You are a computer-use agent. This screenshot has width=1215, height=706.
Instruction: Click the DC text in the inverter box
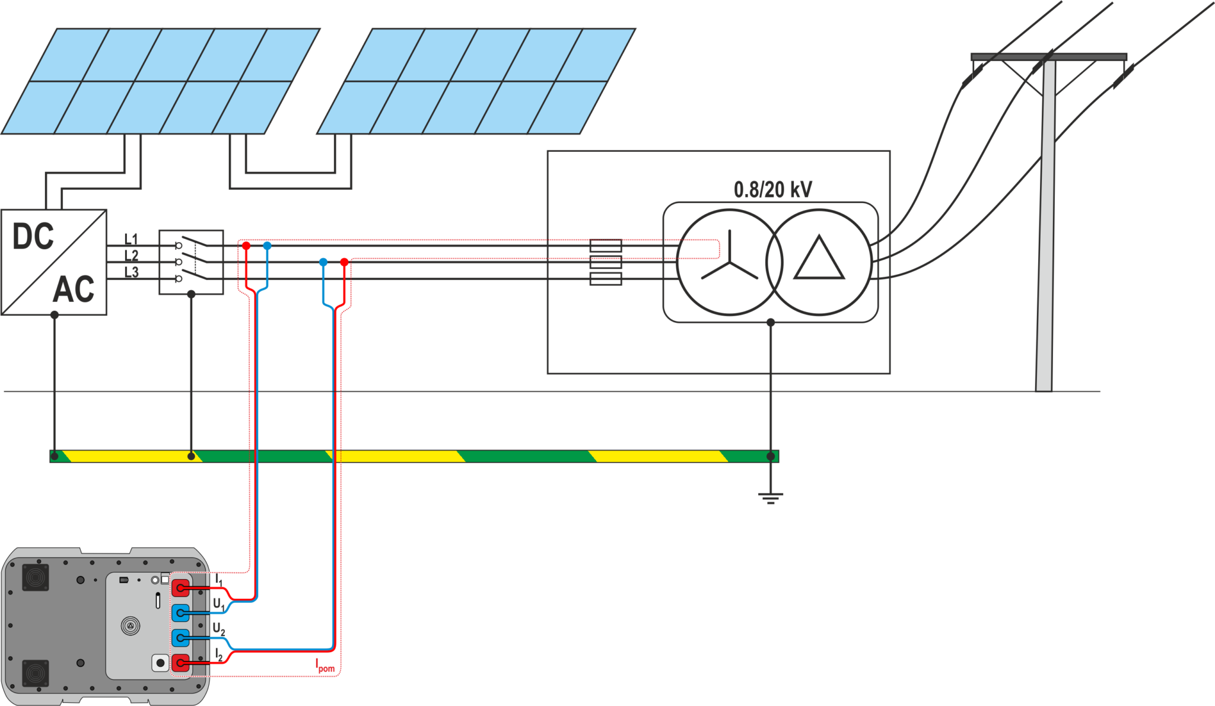[33, 237]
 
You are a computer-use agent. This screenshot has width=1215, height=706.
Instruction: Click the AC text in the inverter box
[74, 290]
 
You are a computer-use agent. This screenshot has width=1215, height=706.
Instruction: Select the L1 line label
[131, 239]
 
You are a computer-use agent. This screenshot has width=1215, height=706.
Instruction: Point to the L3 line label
[131, 272]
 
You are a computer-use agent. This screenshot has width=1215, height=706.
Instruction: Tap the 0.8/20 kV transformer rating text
[772, 190]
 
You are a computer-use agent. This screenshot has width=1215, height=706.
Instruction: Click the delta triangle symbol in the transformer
[819, 260]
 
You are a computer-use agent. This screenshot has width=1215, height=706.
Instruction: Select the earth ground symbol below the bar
[770, 497]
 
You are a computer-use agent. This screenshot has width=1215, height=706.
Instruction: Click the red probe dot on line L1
[246, 246]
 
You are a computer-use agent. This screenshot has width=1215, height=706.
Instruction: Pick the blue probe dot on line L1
[267, 246]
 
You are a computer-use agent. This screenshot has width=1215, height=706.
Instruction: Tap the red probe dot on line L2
[344, 262]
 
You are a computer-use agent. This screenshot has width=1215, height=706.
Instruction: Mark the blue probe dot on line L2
[323, 262]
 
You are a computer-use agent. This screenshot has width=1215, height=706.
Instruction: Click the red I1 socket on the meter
[180, 588]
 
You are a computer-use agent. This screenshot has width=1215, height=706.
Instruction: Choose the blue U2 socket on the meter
[180, 638]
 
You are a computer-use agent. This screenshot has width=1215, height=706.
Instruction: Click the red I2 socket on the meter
[180, 663]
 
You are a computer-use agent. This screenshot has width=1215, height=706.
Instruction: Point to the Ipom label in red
[325, 666]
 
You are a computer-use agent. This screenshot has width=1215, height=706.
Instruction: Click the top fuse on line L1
[605, 245]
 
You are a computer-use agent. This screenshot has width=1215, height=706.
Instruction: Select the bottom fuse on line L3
[605, 278]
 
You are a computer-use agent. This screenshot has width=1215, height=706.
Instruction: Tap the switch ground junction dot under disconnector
[191, 294]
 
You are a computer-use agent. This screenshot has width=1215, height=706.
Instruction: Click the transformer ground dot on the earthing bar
[770, 456]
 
